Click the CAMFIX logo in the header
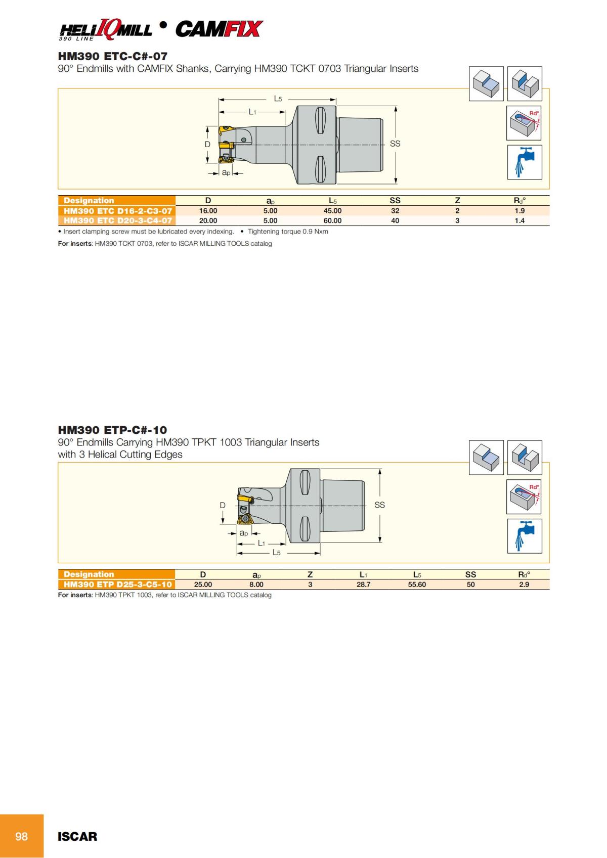tap(219, 29)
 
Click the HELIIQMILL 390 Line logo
tap(105, 30)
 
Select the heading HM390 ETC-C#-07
tap(112, 56)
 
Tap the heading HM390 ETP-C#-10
tap(112, 430)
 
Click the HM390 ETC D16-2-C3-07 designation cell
tap(117, 211)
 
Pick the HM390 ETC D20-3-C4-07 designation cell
tap(117, 220)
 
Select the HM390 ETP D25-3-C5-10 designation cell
tap(117, 584)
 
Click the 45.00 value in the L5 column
tap(332, 211)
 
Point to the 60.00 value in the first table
tap(332, 220)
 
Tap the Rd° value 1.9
tap(519, 211)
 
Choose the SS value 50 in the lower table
tap(470, 584)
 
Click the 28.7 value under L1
tap(363, 584)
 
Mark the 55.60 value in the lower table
tap(417, 584)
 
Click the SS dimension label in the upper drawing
tap(395, 144)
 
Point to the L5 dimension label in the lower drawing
tap(277, 553)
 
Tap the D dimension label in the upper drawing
tap(207, 145)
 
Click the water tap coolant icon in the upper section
tap(524, 162)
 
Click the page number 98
tap(21, 836)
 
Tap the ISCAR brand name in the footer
tap(77, 837)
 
